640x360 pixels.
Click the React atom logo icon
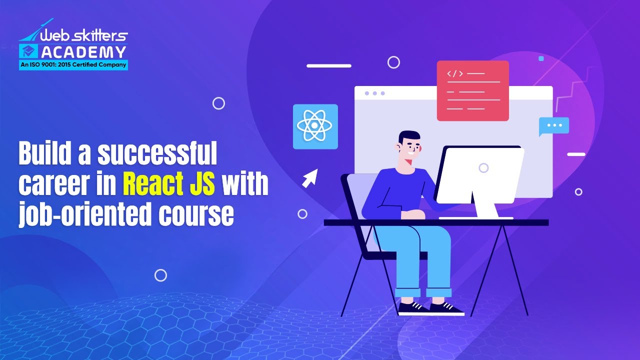pyautogui.click(x=315, y=126)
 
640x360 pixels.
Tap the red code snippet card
pyautogui.click(x=472, y=90)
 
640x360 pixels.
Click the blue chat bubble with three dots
pyautogui.click(x=554, y=125)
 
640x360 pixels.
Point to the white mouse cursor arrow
pyautogui.click(x=310, y=178)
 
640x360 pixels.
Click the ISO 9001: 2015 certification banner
pyautogui.click(x=73, y=64)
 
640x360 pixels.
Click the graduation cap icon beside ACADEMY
pyautogui.click(x=28, y=51)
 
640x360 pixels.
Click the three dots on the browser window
pyautogui.click(x=374, y=93)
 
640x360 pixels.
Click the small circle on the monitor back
pyautogui.click(x=483, y=167)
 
